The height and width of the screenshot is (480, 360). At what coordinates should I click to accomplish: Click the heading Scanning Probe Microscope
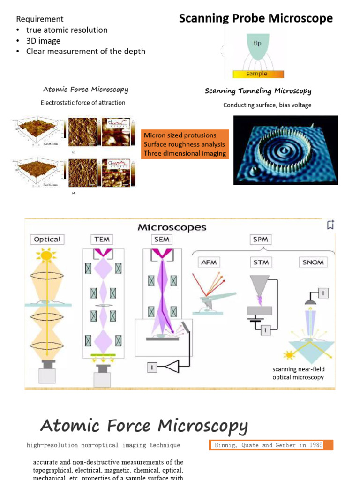[256, 18]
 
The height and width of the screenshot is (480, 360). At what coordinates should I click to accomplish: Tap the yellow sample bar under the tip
[257, 74]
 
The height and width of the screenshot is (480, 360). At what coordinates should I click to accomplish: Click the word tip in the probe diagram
[257, 43]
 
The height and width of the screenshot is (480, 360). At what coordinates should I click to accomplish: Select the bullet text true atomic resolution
[67, 30]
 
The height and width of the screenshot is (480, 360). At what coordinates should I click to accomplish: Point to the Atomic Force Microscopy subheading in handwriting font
[85, 89]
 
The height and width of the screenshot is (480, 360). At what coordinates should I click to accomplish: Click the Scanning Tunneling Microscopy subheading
[258, 91]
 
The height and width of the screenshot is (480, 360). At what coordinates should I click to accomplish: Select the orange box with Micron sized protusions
[185, 144]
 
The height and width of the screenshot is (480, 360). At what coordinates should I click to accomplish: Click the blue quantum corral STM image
[285, 150]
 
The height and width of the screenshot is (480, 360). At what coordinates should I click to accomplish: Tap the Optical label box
[47, 239]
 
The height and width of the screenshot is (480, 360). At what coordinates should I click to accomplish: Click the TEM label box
[102, 239]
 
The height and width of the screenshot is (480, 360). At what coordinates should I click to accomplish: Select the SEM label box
[161, 239]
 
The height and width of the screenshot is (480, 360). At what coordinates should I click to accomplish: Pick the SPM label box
[261, 239]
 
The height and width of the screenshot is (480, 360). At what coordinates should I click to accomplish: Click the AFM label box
[209, 262]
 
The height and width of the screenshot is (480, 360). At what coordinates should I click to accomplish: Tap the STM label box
[261, 262]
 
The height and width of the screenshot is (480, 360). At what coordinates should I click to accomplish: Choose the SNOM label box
[313, 262]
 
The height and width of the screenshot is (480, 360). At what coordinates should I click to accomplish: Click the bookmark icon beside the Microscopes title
[330, 225]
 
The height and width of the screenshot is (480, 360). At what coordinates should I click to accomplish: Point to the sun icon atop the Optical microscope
[46, 255]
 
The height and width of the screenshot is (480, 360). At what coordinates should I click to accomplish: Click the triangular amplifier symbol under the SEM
[171, 367]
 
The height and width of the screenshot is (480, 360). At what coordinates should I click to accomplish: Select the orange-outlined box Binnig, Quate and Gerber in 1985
[271, 445]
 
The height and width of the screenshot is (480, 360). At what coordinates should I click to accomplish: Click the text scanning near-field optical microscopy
[298, 373]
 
